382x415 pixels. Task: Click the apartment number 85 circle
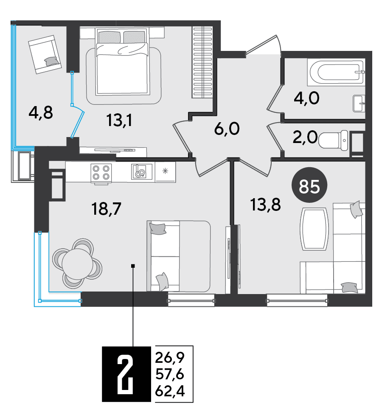[x=309, y=185]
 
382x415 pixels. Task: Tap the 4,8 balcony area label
[x=41, y=113]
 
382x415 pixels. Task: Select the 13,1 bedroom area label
[x=119, y=120]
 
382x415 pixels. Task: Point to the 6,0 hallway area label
[x=227, y=129]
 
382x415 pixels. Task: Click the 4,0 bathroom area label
[x=306, y=98]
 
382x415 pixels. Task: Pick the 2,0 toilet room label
[x=305, y=137]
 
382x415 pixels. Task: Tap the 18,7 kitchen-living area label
[x=106, y=209]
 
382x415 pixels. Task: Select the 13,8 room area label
[x=266, y=205]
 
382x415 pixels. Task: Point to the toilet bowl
[x=333, y=140]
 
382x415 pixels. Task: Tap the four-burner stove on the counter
[x=101, y=173]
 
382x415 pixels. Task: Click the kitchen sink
[x=142, y=171]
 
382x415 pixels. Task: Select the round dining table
[x=77, y=264]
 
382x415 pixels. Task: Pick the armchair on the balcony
[x=45, y=54]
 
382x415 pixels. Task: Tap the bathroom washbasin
[x=359, y=104]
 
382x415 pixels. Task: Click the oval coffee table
[x=314, y=229]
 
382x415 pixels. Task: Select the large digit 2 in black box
[x=126, y=374]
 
